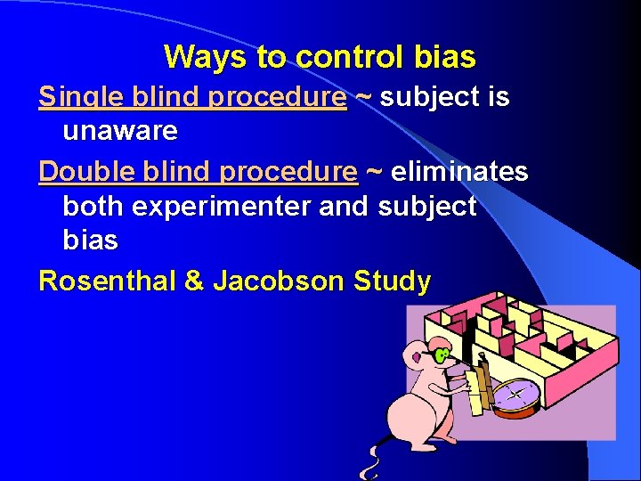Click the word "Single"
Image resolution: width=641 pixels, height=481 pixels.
tap(75, 97)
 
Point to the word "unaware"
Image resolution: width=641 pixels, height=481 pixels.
tap(120, 131)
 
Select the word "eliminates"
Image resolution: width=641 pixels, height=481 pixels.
tap(459, 170)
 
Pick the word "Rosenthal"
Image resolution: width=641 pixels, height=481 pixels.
tap(108, 281)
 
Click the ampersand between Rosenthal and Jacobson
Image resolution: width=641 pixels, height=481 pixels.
tap(194, 281)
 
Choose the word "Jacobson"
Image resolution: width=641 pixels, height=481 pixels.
tap(278, 281)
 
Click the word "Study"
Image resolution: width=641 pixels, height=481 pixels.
tap(392, 281)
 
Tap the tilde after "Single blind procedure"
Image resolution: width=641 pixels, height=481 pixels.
tap(363, 97)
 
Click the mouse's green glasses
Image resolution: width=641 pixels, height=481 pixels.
tap(441, 355)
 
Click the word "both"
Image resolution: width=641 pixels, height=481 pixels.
tap(93, 206)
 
